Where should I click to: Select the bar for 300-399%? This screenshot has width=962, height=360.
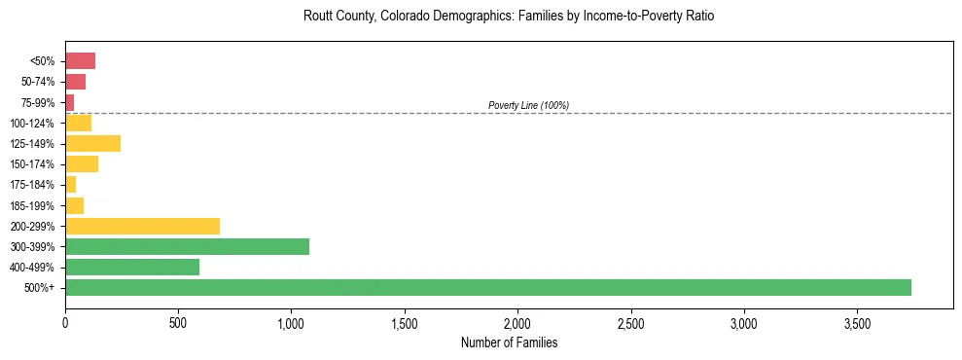[x=187, y=246]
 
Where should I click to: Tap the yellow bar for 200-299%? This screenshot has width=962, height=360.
[x=142, y=226]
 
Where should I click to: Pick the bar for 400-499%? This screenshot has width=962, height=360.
[x=132, y=267]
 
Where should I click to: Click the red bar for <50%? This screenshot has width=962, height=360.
[x=80, y=61]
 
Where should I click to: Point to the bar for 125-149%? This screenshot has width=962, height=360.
[x=92, y=144]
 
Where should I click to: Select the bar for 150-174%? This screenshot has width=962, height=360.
[x=82, y=164]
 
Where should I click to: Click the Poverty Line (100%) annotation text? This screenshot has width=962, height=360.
[x=528, y=105]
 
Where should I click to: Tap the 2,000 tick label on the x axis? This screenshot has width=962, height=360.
[x=517, y=322]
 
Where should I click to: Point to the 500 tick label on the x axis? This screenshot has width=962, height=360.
[x=178, y=322]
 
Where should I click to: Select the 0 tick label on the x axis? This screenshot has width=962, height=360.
[x=65, y=322]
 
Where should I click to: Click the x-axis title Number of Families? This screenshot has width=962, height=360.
[x=509, y=342]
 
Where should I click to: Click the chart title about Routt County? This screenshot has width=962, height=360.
[x=509, y=17]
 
